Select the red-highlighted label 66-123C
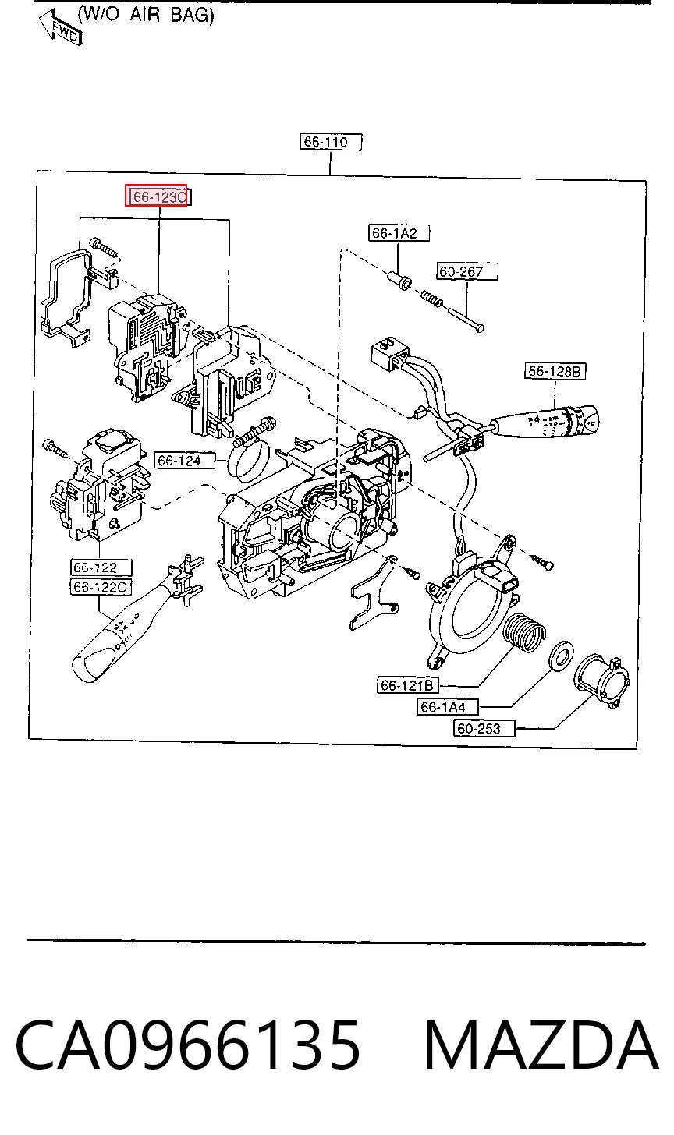156,196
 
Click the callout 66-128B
555,371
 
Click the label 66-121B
408,685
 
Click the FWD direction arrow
61,29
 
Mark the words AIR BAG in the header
172,16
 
